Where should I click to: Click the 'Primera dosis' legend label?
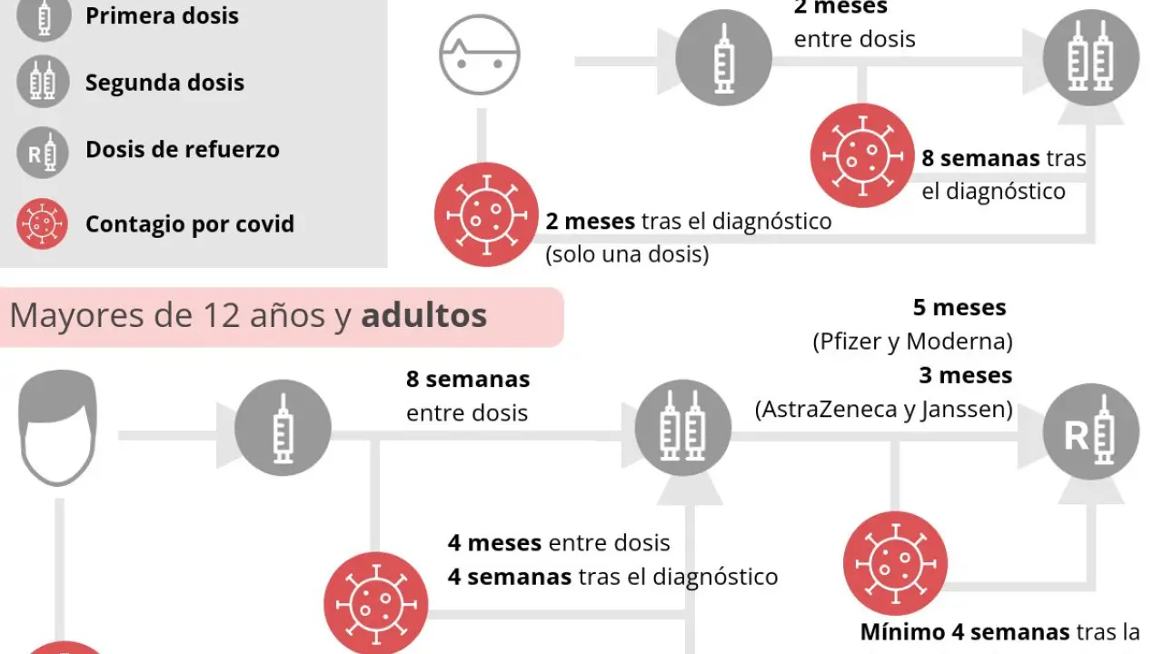click(162, 15)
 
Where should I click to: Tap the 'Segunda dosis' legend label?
click(164, 83)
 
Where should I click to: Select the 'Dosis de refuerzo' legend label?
click(182, 150)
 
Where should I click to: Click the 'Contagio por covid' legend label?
click(189, 223)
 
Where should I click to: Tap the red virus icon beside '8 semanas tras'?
click(861, 155)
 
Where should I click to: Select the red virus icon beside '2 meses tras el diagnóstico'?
click(486, 214)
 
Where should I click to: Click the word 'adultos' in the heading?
click(423, 316)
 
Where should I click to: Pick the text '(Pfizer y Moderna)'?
click(912, 342)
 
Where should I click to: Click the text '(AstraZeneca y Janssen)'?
click(883, 410)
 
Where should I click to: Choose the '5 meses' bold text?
click(959, 308)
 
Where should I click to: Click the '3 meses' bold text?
click(965, 375)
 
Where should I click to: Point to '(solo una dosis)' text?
click(627, 253)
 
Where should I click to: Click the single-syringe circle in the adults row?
click(283, 428)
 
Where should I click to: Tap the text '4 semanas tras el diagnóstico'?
click(612, 576)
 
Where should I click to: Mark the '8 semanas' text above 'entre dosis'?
click(468, 379)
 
